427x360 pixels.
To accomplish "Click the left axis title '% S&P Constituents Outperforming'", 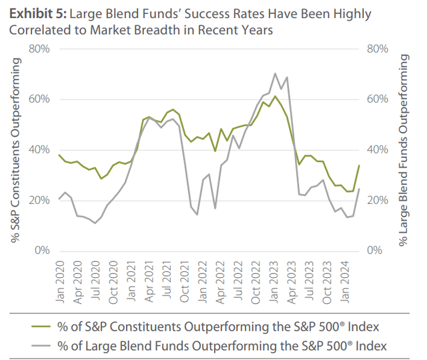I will (17, 150).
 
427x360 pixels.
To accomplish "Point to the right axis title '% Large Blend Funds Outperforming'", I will (404, 150).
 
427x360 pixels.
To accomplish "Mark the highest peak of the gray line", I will (275, 73).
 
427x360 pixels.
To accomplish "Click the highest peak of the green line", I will (275, 96).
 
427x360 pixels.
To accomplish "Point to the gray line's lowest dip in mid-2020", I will (95, 223).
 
